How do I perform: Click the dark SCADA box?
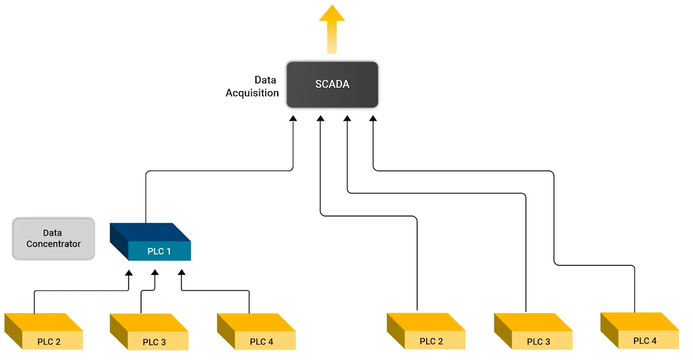pos(332,84)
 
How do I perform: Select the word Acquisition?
pos(252,93)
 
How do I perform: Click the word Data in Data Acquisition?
pos(265,80)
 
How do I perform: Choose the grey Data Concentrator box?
pos(54,239)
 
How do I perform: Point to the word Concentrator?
pos(54,244)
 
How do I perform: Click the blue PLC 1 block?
pos(151,243)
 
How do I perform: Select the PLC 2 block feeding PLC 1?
pos(44,333)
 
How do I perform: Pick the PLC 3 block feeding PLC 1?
pos(150,333)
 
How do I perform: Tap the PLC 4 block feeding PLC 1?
pos(256,333)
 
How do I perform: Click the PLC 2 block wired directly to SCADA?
pos(426,332)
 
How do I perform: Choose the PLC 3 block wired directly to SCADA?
pos(534,333)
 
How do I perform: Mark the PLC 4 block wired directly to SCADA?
pos(640,332)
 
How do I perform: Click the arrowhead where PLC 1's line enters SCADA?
pos(293,118)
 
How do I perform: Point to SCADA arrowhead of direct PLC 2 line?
pos(320,118)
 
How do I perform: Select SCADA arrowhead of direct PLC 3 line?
pos(347,118)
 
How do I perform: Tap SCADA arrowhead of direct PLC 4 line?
pos(372,118)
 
